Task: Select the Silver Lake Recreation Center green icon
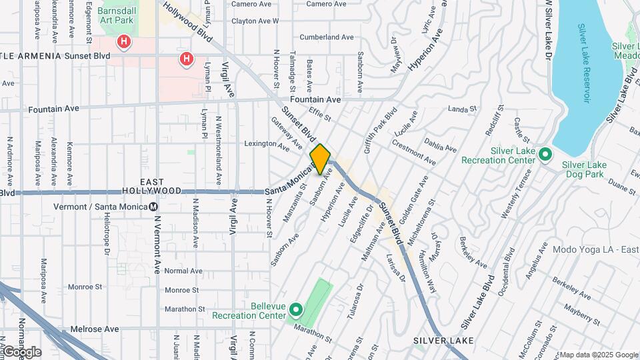[545, 155]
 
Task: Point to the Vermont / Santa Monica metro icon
[154, 207]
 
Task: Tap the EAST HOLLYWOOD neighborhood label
[152, 186]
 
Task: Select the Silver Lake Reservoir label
[584, 63]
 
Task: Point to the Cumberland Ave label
[331, 37]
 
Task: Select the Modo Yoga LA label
[595, 249]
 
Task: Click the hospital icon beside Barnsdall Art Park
[124, 43]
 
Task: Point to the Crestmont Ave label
[413, 153]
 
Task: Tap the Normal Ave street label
[183, 271]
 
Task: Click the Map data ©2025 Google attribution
[598, 355]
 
